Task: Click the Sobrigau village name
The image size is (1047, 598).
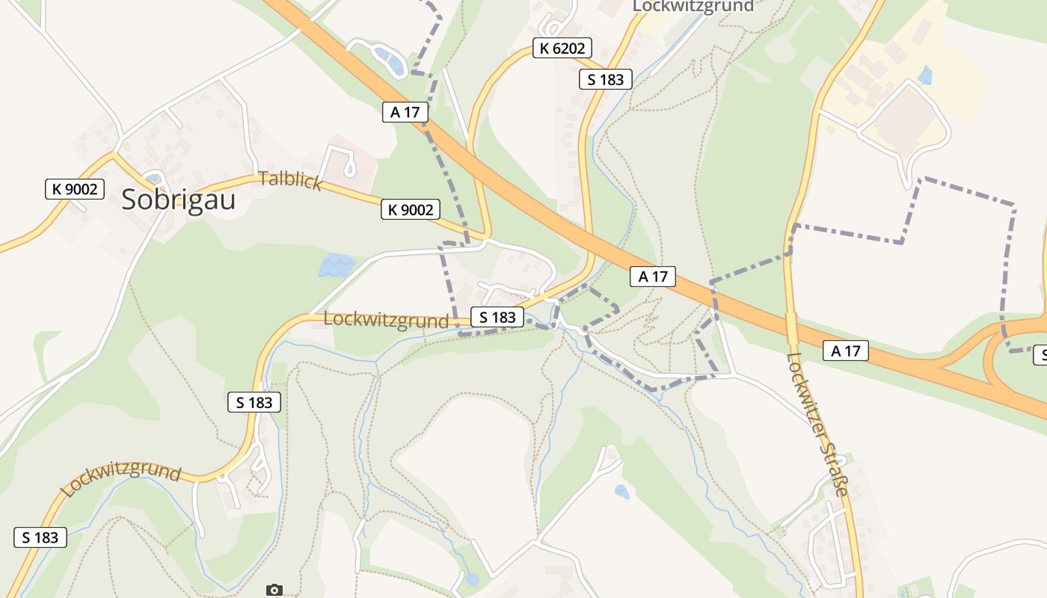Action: pos(178,200)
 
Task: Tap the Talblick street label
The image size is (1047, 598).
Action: pos(290,180)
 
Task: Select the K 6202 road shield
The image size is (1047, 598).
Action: pos(562,49)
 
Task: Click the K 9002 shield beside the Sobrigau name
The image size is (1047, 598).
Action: pos(74,189)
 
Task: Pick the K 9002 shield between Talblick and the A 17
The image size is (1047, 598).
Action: pos(411,209)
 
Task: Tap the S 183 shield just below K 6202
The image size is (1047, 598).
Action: pos(606,79)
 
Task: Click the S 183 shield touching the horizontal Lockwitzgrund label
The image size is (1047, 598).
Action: pos(497,317)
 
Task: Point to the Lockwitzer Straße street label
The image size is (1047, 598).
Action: pos(819,424)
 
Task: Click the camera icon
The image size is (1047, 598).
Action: pos(274,590)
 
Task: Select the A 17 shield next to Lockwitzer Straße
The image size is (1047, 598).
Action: pos(846,350)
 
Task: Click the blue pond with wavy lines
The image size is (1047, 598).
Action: pos(337,265)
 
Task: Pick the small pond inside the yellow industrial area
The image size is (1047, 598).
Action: pos(926,75)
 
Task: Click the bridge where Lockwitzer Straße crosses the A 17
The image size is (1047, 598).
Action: pos(791,328)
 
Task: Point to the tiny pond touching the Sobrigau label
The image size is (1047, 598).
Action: pos(154,178)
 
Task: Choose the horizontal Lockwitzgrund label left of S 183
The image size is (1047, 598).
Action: pos(386,320)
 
